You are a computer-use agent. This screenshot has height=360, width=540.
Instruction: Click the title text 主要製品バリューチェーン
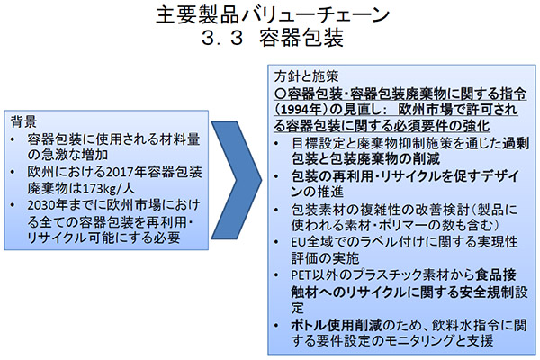(x=273, y=15)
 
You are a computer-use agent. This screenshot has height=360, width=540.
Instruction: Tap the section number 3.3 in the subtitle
(x=222, y=38)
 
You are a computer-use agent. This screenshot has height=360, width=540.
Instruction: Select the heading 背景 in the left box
(x=23, y=121)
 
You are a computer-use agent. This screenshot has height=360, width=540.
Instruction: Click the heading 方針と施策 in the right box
(x=307, y=76)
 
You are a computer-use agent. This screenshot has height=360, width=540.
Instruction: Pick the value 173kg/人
(x=104, y=188)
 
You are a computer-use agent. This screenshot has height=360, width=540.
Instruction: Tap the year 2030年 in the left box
(x=49, y=205)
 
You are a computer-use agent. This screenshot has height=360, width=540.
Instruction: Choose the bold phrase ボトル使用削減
(x=337, y=325)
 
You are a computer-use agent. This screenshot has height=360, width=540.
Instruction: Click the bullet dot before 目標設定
(x=276, y=143)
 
